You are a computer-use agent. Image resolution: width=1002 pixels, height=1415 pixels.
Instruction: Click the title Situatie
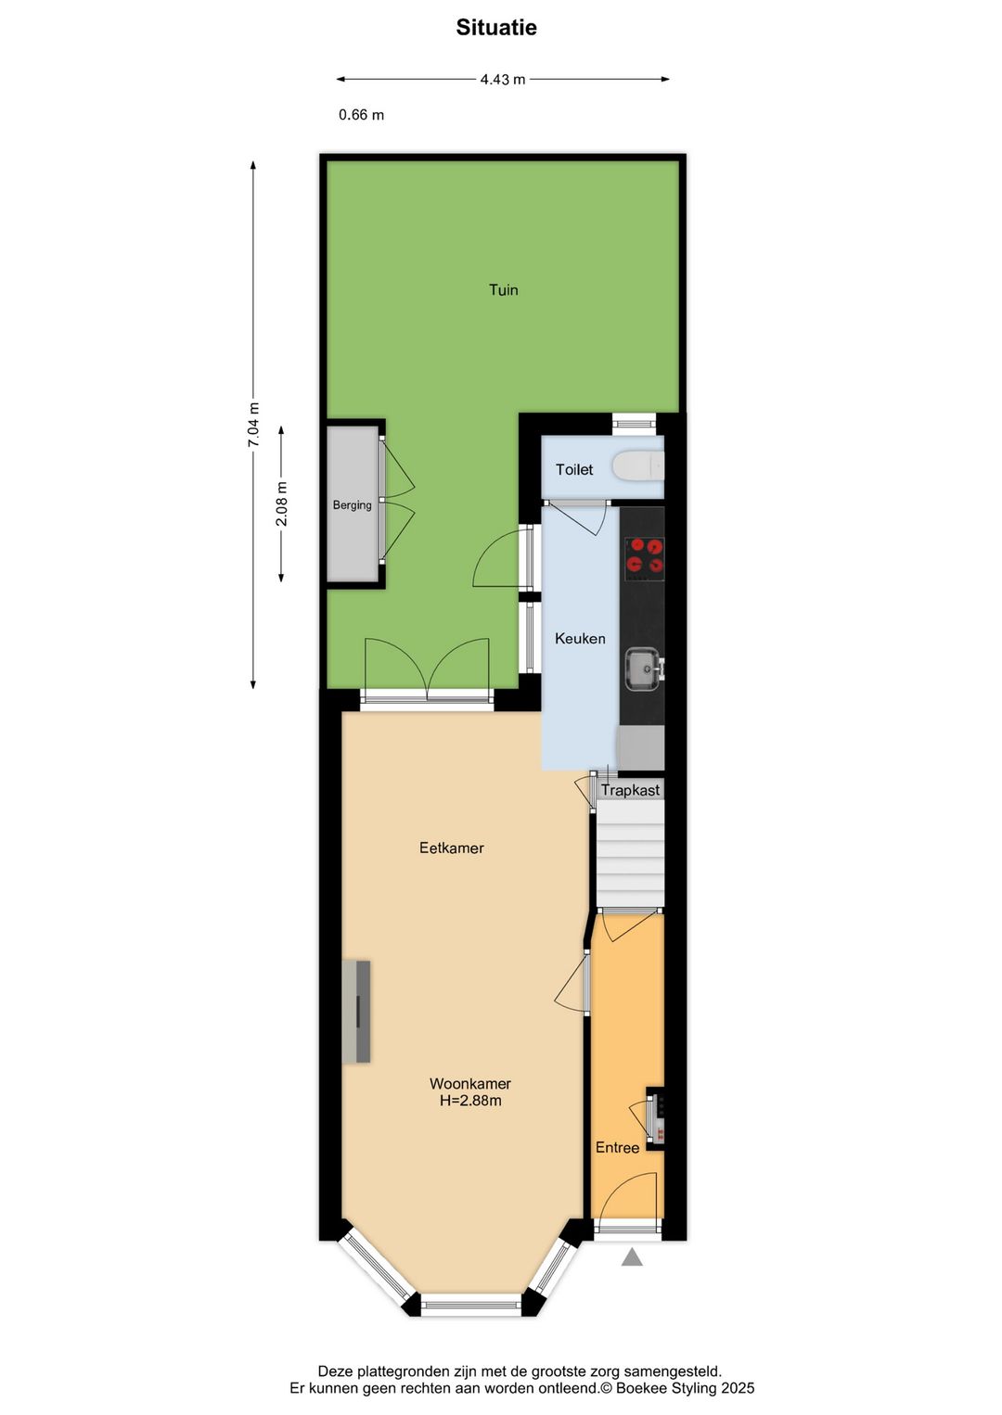pos(496,28)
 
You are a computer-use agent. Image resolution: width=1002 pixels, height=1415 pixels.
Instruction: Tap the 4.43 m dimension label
pos(503,80)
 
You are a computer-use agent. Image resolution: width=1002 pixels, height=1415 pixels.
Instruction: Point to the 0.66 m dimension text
pos(361,115)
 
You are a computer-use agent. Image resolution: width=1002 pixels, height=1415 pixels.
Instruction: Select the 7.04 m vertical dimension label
pos(253,425)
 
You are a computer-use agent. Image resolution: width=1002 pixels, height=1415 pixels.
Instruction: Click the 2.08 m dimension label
pos(282,504)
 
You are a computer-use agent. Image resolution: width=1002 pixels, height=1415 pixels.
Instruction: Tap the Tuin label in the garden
pos(504,290)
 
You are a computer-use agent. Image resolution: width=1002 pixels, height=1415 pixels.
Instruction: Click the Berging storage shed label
pos(353,505)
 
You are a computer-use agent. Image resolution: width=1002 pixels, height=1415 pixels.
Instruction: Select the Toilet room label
pos(574,470)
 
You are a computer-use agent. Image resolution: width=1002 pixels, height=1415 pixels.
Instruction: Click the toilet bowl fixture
pos(639,466)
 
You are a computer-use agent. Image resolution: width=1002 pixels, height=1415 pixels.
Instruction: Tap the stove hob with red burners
pos(644,557)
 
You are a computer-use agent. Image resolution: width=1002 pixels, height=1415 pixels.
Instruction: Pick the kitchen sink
pos(643,669)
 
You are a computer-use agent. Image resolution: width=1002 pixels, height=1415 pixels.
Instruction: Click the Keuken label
pos(580,639)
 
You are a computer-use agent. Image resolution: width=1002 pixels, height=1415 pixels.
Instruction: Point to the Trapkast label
pos(631,790)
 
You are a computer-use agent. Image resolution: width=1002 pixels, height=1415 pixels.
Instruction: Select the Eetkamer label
pos(452,848)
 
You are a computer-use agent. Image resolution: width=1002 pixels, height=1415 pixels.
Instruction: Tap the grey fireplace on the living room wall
pos(357,1012)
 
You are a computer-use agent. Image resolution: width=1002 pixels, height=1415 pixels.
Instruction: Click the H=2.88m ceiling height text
pos(470,1102)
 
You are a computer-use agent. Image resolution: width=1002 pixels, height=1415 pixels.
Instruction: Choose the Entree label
pos(618,1148)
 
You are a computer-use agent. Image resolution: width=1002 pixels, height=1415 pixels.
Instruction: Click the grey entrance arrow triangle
pos(632,1257)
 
